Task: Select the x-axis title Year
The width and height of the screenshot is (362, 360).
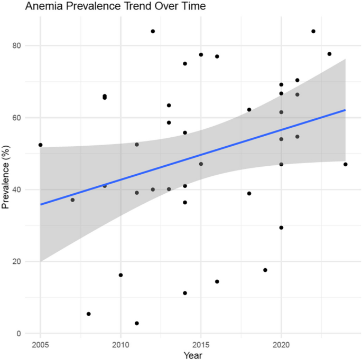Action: pyautogui.click(x=192, y=355)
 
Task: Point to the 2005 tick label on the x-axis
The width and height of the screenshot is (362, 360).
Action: pyautogui.click(x=40, y=344)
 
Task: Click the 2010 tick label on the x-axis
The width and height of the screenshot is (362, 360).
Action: pyautogui.click(x=120, y=344)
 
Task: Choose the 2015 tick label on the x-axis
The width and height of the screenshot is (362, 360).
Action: pyautogui.click(x=201, y=344)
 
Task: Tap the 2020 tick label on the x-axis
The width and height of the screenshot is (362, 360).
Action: pyautogui.click(x=281, y=344)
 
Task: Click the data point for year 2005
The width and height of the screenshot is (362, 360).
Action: pyautogui.click(x=40, y=145)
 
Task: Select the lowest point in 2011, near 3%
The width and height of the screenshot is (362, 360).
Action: pyautogui.click(x=137, y=323)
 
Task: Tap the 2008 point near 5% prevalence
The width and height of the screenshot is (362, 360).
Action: pyautogui.click(x=89, y=314)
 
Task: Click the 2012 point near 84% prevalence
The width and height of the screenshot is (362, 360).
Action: pyautogui.click(x=153, y=31)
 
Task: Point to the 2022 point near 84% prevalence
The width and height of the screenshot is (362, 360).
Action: pyautogui.click(x=313, y=31)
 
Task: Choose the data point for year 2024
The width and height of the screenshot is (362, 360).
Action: pyautogui.click(x=345, y=164)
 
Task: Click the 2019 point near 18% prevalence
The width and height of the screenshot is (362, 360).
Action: pyautogui.click(x=265, y=270)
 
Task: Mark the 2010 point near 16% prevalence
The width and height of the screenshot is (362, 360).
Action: pyautogui.click(x=120, y=275)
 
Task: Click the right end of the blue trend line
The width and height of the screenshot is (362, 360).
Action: pyautogui.click(x=345, y=110)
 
